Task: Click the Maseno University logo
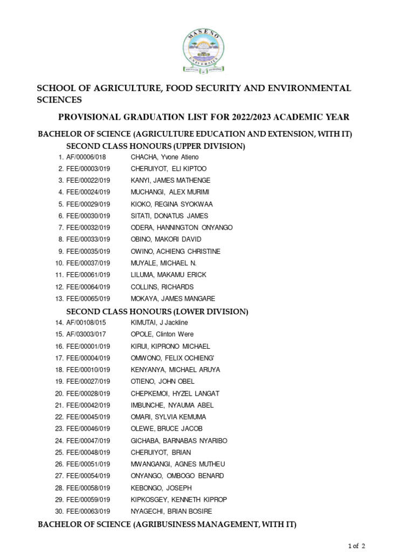(x=207, y=52)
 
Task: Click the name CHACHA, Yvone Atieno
(x=164, y=157)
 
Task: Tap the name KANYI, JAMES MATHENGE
(x=170, y=181)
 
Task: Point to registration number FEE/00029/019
(x=88, y=204)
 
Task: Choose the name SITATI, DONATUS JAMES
(x=169, y=216)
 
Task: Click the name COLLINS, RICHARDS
(x=162, y=287)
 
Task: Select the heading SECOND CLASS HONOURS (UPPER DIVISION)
(x=155, y=146)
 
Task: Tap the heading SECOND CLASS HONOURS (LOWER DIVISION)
(x=157, y=312)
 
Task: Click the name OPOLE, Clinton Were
(x=162, y=334)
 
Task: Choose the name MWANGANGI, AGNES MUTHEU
(x=177, y=464)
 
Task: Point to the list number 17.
(x=59, y=358)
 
